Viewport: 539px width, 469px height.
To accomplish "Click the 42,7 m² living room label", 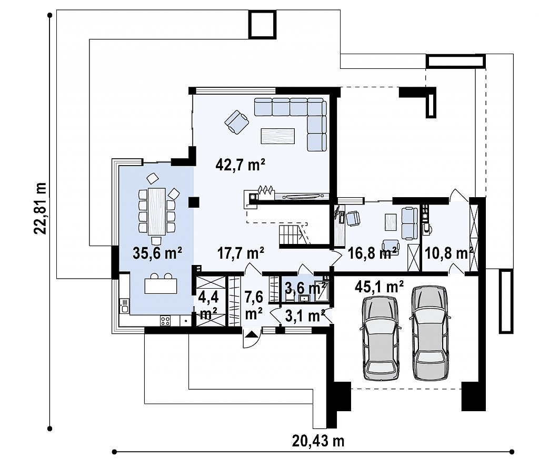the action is point(240,165).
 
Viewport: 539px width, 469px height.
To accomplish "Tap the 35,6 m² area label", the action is point(157,253).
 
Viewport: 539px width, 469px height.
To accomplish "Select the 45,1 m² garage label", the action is point(379,287).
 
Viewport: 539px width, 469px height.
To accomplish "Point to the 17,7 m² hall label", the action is point(241,253).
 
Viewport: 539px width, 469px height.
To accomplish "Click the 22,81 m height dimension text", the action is point(40,208).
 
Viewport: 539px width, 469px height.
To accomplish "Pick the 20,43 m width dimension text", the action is point(318,441).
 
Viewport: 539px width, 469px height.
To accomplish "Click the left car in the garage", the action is point(381,338).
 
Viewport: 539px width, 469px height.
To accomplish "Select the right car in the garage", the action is point(430,333).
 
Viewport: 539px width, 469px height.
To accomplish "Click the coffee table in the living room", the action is point(278,136).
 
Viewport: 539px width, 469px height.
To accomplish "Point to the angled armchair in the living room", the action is point(237,122).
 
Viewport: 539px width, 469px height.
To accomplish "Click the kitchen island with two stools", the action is point(161,283).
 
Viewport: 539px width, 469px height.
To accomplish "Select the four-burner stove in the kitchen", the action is point(165,321).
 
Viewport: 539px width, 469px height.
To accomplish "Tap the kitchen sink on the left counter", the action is point(124,305).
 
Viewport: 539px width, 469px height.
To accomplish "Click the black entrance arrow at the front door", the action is point(251,334).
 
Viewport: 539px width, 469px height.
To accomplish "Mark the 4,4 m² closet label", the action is point(208,304).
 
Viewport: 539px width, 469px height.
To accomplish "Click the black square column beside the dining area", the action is point(194,202).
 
